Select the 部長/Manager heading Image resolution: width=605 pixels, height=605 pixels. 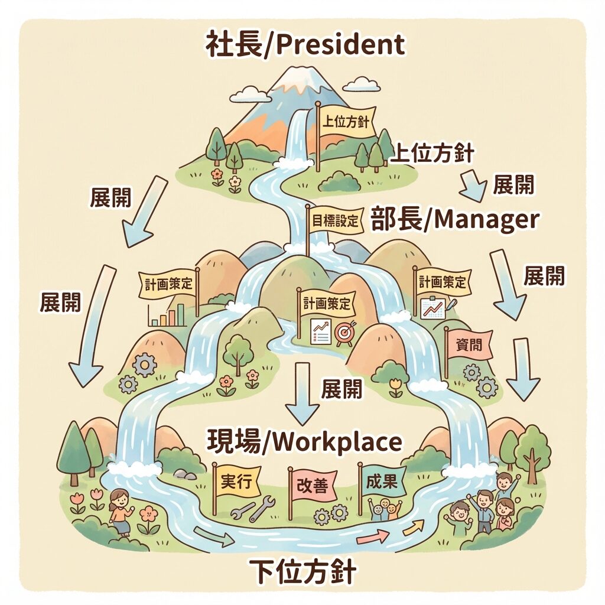(455, 220)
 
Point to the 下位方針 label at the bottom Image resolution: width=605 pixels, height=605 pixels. (302, 572)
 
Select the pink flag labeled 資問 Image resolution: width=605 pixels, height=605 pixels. (470, 346)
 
